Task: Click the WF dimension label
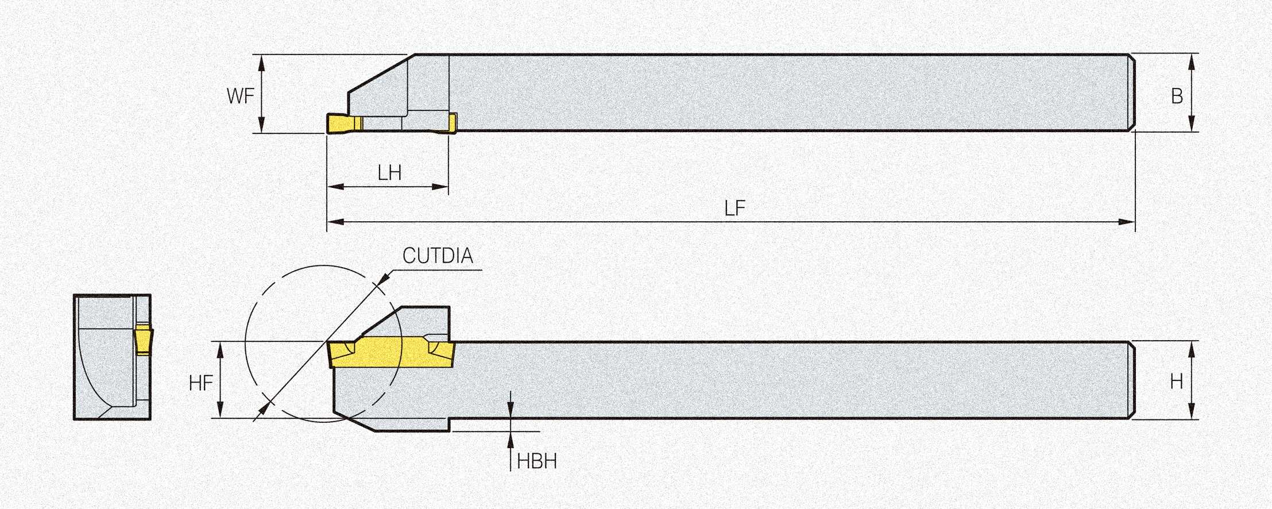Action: point(240,96)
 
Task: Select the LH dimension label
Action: point(389,173)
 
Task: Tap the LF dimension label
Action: point(734,209)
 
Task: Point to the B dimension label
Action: point(1177,96)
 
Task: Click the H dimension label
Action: point(1176,381)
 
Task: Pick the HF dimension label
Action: point(201,383)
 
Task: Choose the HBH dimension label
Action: point(537,461)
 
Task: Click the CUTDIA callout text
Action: point(438,256)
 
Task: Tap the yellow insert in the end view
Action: point(144,339)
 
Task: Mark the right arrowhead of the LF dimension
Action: point(1127,222)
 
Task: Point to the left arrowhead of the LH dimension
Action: point(335,187)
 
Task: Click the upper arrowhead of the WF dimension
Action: point(262,63)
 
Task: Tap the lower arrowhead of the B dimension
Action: point(1191,124)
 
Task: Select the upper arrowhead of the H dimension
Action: point(1192,349)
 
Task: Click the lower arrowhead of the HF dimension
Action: point(220,410)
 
